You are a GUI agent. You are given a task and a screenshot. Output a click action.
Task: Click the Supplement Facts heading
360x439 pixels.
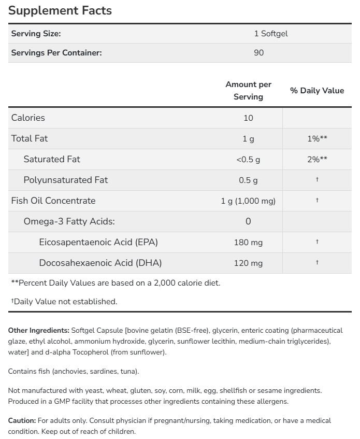[x=60, y=10]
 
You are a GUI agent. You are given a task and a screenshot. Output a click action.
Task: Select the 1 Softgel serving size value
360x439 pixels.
[x=270, y=34]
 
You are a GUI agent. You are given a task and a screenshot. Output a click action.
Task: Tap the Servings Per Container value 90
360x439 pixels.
[x=258, y=53]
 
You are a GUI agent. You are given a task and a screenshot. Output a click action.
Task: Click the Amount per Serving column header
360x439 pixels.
[x=248, y=90]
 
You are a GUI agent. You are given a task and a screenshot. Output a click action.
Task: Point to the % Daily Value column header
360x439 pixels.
[x=316, y=90]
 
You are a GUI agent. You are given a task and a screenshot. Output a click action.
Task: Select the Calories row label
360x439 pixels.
[x=28, y=118]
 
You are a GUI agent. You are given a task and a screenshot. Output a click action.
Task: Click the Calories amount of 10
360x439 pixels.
[x=248, y=118]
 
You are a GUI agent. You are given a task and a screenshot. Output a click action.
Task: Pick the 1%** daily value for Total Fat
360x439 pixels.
[x=316, y=139]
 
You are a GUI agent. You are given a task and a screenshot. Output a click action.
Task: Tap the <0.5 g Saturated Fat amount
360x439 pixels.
[x=248, y=160]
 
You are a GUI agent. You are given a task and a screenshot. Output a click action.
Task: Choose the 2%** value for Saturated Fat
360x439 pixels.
[x=316, y=160]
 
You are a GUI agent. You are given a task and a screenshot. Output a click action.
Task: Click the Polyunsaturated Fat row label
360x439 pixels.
[x=66, y=180]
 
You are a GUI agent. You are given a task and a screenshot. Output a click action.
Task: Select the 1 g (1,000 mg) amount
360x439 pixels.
[x=248, y=201]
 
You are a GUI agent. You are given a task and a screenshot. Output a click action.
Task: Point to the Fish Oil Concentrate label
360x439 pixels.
[x=53, y=201]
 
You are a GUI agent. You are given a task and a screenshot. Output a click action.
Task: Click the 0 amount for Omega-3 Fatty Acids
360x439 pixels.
[x=248, y=221]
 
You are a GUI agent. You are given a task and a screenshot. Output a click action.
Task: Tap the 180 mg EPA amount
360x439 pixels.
[x=248, y=242]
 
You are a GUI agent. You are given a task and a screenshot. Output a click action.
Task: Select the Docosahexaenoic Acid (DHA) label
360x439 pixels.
[x=100, y=263]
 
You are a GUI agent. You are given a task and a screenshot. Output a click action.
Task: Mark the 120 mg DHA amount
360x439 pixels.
[x=248, y=263]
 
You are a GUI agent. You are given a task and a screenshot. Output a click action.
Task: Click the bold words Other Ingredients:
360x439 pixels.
[x=39, y=330]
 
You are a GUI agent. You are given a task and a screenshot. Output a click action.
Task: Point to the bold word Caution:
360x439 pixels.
[x=22, y=420]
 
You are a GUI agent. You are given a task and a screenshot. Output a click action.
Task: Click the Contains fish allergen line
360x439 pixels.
[x=74, y=371]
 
